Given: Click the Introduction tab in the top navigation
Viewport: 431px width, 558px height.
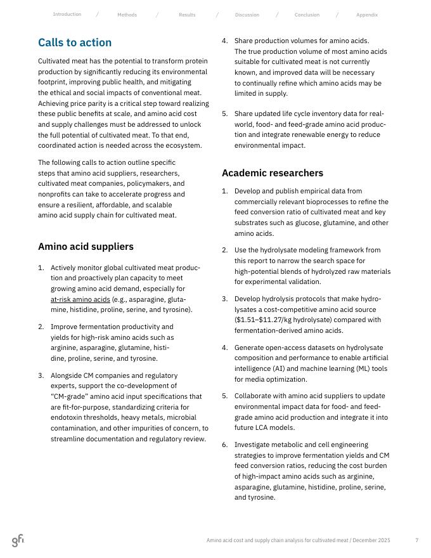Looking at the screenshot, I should (x=67, y=15).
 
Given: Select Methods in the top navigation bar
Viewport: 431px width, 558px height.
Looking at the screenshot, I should (x=127, y=15).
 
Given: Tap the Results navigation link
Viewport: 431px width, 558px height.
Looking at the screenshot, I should (x=187, y=15).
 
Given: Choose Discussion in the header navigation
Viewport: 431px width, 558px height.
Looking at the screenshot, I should (x=247, y=15).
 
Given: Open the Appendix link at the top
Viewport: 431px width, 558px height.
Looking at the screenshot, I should (x=367, y=15).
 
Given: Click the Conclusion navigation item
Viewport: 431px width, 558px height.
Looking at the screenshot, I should (x=307, y=15).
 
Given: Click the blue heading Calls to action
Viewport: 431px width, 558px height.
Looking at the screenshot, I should (x=75, y=43).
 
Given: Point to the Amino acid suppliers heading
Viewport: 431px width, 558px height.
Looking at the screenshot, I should (x=86, y=247).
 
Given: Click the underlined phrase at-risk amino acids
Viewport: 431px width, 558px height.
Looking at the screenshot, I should (x=80, y=299).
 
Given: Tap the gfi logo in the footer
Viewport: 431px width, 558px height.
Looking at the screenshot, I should (x=18, y=540).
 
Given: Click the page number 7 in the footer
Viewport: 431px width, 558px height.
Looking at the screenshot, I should (x=416, y=540).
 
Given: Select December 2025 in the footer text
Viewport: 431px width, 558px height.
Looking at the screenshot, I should (x=371, y=540).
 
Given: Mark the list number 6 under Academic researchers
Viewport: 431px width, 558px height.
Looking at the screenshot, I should (x=224, y=445).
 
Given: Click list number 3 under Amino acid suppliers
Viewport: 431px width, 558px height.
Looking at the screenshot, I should (x=41, y=375).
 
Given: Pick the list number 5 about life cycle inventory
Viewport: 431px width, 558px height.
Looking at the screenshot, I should (x=224, y=114).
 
